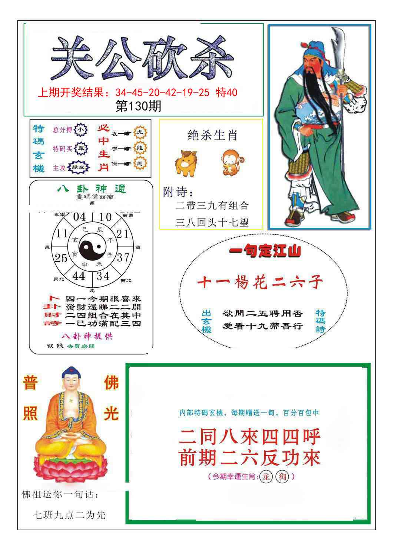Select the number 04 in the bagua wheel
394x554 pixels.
(x=79, y=217)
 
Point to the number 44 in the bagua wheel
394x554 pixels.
(x=79, y=276)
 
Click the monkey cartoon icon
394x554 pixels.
(x=233, y=162)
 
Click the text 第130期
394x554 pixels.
(x=139, y=107)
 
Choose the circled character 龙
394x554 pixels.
(x=265, y=477)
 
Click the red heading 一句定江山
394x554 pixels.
(x=265, y=252)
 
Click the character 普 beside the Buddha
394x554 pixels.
(x=30, y=383)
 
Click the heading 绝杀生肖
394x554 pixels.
(x=212, y=135)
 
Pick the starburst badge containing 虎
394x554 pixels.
(x=140, y=133)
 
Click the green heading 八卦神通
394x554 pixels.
(x=92, y=189)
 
